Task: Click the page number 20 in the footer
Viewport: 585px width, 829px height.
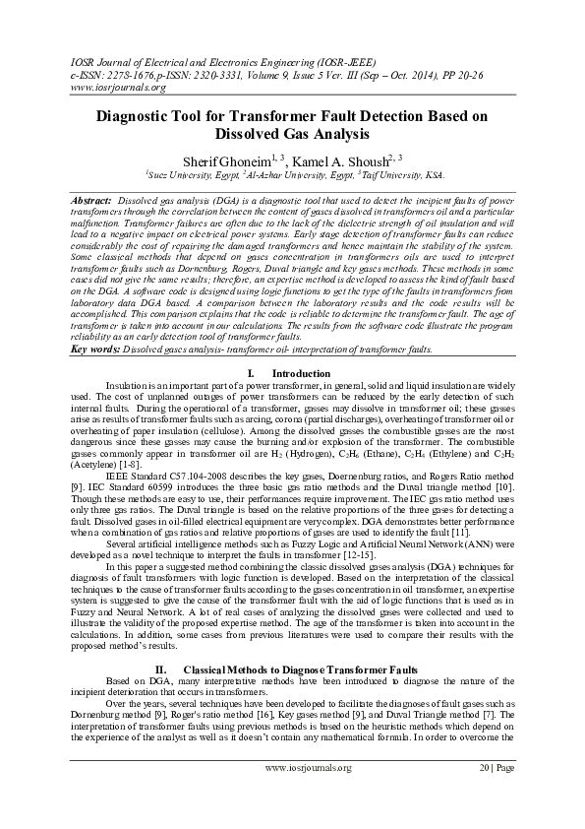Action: pos(483,795)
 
